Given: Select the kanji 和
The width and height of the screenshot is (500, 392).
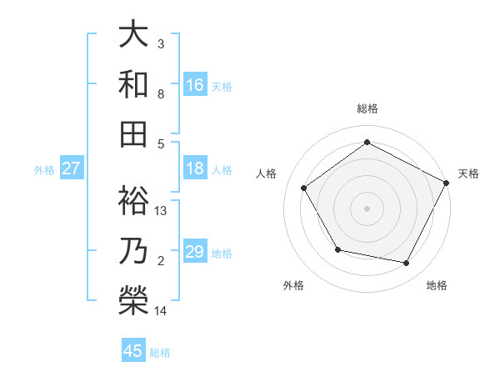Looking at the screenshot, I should point(133,84).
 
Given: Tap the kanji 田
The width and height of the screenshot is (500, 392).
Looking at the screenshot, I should point(133,134).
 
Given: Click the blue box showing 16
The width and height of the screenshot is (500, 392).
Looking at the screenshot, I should point(195,84).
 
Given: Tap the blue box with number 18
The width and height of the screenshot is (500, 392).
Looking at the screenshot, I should point(195,168).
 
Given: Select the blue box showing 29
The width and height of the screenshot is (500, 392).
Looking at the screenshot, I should point(195,252).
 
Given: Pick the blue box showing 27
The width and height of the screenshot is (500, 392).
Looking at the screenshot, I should point(72,168).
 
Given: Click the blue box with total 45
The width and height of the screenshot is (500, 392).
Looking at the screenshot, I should point(133,351).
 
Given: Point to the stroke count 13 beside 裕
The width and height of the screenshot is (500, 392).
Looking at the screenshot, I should point(162,211).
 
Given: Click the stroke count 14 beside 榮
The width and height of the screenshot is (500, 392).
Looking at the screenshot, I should point(162,311).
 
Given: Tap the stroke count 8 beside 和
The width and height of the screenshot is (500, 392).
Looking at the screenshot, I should point(161,94).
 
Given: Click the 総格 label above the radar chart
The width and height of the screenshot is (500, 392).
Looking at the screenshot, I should point(367,109).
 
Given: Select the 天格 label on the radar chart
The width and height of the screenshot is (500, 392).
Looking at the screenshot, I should point(468,173).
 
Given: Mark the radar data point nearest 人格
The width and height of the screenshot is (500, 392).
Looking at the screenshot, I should point(304,188).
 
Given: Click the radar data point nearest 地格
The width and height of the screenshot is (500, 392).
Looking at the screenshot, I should point(407,264).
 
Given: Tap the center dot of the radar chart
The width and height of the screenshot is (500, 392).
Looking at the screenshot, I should point(367,208).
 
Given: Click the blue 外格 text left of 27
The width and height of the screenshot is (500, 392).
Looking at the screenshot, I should point(44,169).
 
